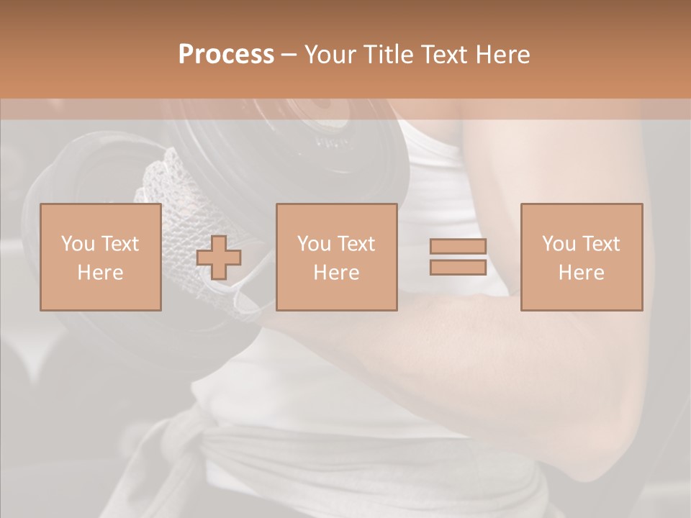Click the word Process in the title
pyautogui.click(x=226, y=55)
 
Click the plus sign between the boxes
pyautogui.click(x=219, y=258)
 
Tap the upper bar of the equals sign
pyautogui.click(x=458, y=246)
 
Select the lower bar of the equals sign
pyautogui.click(x=458, y=267)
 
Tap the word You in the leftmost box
pyautogui.click(x=77, y=244)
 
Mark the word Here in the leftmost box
pyautogui.click(x=100, y=273)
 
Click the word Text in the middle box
pyautogui.click(x=356, y=244)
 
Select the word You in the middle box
pyautogui.click(x=313, y=244)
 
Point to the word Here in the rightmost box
pyautogui.click(x=581, y=273)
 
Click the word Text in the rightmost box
pyautogui.click(x=601, y=244)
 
